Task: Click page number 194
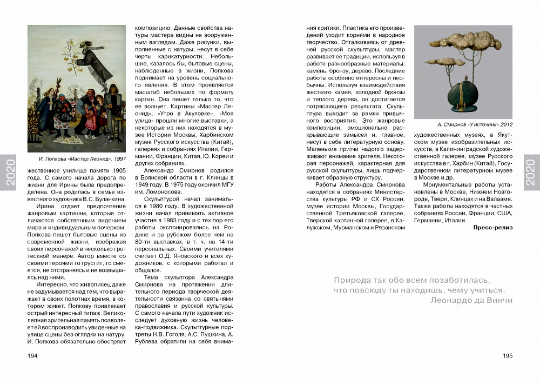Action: (x=32, y=355)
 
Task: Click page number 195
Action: (x=507, y=355)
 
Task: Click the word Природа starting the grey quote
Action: (x=351, y=280)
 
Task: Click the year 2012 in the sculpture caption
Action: (x=505, y=124)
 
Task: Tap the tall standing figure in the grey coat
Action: (x=114, y=105)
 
